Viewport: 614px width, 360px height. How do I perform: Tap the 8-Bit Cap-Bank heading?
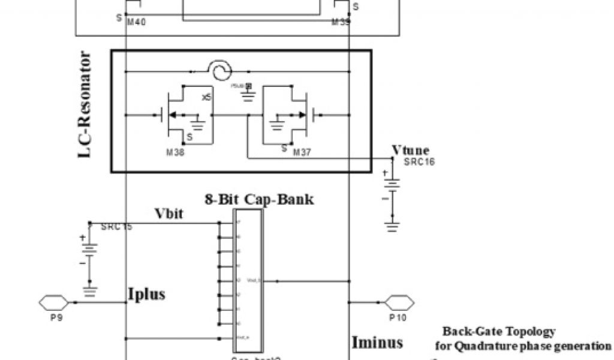pyautogui.click(x=258, y=200)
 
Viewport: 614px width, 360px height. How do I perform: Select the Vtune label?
pyautogui.click(x=410, y=151)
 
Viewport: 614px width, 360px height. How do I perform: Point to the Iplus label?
pyautogui.click(x=146, y=294)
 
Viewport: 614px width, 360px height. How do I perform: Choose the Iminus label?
pyautogui.click(x=377, y=343)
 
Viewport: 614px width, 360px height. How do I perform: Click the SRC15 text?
pyautogui.click(x=116, y=227)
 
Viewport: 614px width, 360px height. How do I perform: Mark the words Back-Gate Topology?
pyautogui.click(x=499, y=332)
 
